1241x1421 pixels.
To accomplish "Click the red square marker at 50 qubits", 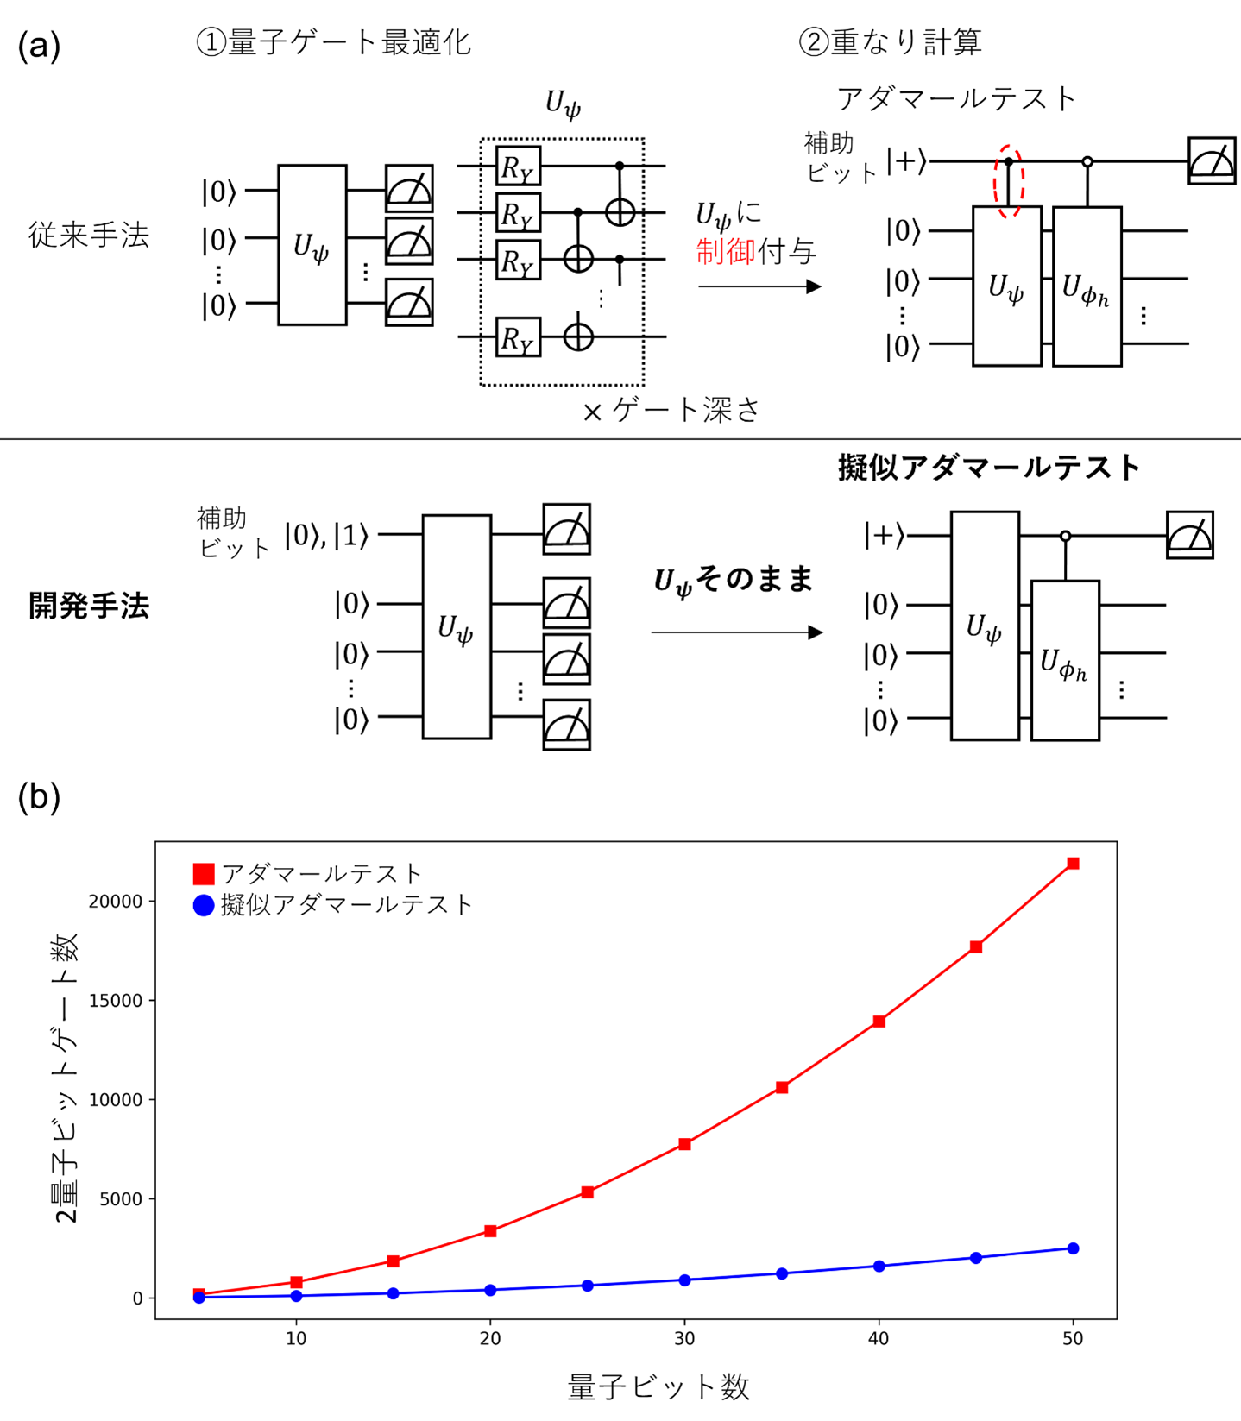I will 1073,863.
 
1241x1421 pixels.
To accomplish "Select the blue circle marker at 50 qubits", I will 1073,1248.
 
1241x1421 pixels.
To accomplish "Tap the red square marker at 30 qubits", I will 684,1144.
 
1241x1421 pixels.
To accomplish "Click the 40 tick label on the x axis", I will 879,1339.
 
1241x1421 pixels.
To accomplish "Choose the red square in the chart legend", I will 204,874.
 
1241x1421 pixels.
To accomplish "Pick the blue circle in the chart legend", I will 204,905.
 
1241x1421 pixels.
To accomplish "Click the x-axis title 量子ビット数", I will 658,1387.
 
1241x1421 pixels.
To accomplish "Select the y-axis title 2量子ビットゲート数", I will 66,1078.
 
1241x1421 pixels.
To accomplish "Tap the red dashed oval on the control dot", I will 1009,182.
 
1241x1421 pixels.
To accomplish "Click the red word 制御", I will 725,252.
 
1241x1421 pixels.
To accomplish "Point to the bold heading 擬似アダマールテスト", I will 989,468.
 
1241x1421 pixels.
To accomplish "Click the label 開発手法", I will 89,607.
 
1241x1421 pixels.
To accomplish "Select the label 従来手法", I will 89,235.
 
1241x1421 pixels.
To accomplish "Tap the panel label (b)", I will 39,796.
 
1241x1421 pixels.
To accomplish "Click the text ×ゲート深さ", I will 671,411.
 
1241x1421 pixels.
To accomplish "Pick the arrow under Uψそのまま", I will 736,632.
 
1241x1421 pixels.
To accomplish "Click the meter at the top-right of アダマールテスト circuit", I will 1211,160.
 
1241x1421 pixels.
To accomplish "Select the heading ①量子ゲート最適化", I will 334,41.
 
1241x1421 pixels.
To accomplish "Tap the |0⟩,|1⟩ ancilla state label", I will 327,536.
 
